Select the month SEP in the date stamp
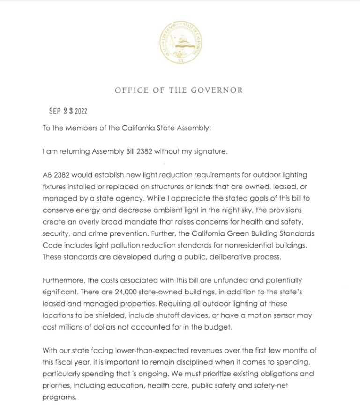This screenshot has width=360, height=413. (55, 111)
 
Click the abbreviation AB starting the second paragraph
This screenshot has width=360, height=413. (47, 175)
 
